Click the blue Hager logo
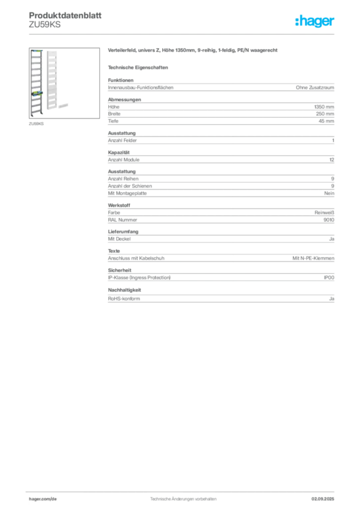pyautogui.click(x=315, y=22)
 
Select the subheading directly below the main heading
pyautogui.click(x=139, y=67)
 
